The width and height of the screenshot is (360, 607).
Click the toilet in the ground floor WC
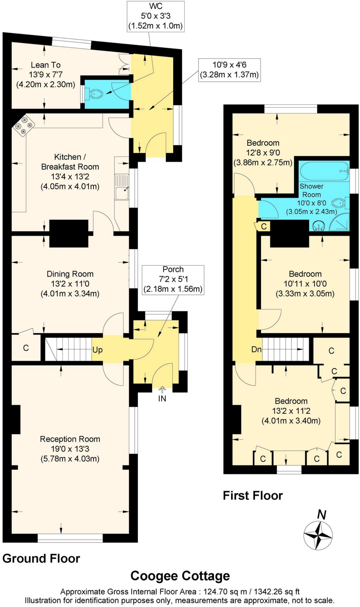click(x=94, y=94)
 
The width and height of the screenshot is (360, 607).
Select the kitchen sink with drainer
click(x=122, y=187)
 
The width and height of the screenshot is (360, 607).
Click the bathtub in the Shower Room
click(x=324, y=171)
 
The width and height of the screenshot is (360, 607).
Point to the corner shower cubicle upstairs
click(x=340, y=222)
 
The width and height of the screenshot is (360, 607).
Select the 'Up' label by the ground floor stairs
click(x=97, y=350)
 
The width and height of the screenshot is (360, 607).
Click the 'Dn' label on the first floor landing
click(x=256, y=349)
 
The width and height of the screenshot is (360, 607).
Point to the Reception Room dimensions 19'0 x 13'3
click(x=70, y=449)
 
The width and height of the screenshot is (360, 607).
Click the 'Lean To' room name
click(x=46, y=65)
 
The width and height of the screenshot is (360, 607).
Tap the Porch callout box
click(x=173, y=279)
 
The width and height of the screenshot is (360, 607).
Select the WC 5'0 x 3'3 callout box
click(x=156, y=16)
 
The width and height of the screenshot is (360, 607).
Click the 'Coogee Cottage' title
click(x=180, y=576)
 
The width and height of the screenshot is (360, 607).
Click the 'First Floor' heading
click(x=253, y=496)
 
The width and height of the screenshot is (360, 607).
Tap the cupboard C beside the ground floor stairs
click(x=26, y=348)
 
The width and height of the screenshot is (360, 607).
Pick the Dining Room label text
click(x=70, y=274)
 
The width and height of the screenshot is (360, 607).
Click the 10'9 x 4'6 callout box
click(x=229, y=70)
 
